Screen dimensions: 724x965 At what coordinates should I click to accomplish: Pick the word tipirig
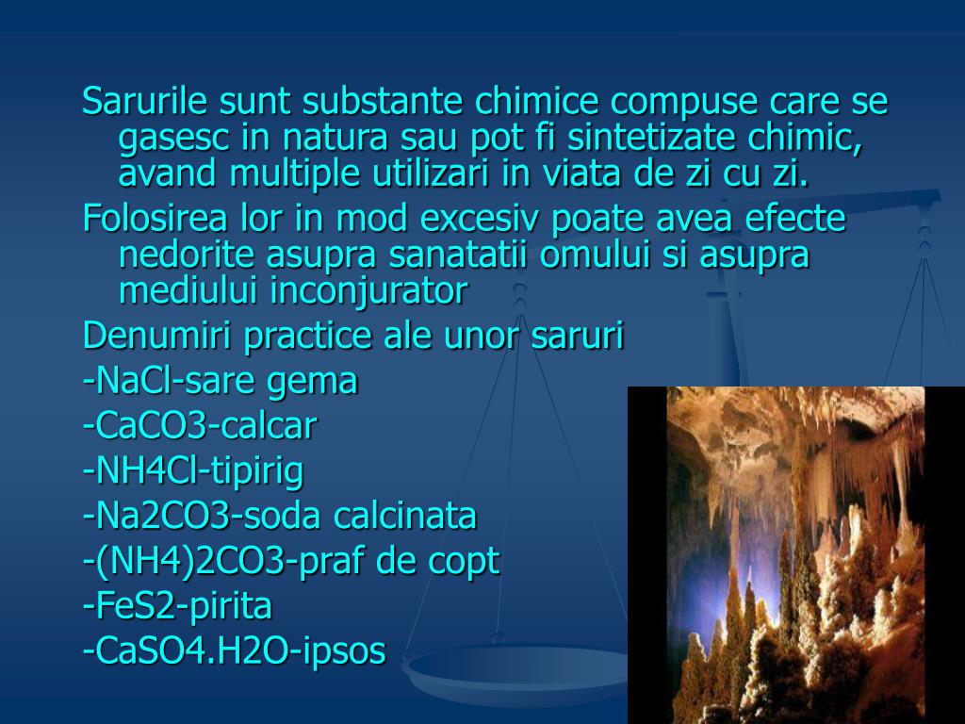(265, 471)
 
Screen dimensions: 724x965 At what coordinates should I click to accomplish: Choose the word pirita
(231, 606)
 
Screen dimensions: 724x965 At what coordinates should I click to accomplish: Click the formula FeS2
(123, 606)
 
